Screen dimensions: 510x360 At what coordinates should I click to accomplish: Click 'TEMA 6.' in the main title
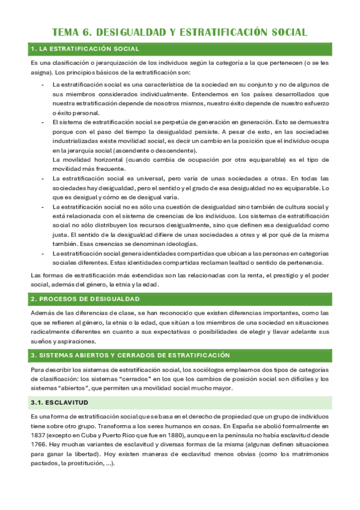(x=72, y=32)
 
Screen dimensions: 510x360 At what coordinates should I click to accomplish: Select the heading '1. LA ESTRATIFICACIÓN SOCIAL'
(x=84, y=49)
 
